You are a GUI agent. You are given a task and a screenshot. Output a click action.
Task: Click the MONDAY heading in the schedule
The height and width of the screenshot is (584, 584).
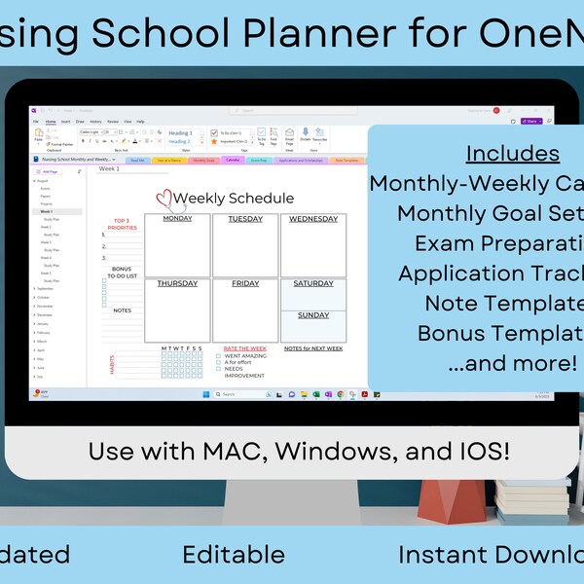177,219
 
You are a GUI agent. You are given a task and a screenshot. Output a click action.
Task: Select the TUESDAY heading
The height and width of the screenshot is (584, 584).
244,219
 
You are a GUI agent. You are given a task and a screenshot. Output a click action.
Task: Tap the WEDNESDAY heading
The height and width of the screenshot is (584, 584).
312,219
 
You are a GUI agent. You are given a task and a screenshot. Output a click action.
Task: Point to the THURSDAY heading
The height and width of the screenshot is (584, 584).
177,284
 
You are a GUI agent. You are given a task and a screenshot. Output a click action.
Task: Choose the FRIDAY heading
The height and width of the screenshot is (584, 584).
245,284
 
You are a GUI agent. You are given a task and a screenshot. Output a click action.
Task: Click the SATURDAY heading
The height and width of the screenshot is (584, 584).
312,284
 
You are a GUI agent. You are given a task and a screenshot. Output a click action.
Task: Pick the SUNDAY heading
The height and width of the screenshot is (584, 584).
312,315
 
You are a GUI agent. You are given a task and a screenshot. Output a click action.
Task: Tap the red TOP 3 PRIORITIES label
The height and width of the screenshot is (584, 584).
122,225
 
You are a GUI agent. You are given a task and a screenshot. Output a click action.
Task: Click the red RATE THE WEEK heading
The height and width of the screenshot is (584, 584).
244,347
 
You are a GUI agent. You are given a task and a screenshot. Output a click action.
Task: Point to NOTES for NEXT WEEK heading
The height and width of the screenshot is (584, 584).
312,347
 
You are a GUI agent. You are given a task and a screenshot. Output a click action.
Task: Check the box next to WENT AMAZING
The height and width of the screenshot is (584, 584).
218,356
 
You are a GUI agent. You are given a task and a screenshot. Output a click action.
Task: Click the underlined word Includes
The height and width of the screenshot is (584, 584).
512,154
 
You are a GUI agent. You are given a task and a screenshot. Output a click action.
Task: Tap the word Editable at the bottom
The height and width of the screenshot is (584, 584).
234,555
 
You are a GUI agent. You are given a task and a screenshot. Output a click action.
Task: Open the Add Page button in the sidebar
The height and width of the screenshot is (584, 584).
49,170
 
